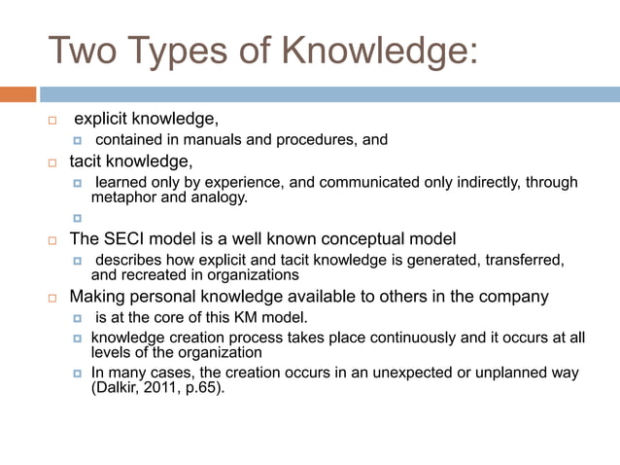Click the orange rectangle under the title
tap(17, 94)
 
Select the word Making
tap(97, 296)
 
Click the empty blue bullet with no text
tap(79, 218)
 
